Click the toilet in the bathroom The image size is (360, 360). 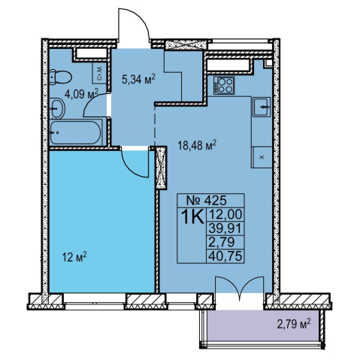pos(60,77)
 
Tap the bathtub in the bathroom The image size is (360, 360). pos(76,132)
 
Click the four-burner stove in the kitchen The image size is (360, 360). pos(224,86)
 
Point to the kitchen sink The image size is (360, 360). pos(262,107)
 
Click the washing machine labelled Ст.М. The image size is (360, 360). pos(100,73)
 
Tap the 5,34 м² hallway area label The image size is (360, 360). pos(138,79)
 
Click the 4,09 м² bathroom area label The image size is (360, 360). pos(81,94)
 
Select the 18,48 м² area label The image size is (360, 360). pos(197,144)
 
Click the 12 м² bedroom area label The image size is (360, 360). pos(74,257)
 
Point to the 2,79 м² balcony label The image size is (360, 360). pos(294,324)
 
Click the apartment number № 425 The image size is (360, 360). pos(207,200)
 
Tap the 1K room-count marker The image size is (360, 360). pos(192,217)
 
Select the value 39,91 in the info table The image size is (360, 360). pos(225,228)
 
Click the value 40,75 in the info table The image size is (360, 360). pos(225,256)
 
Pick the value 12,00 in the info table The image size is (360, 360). pos(225,214)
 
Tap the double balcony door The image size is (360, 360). pos(240,285)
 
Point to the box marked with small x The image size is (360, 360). pos(262,157)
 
